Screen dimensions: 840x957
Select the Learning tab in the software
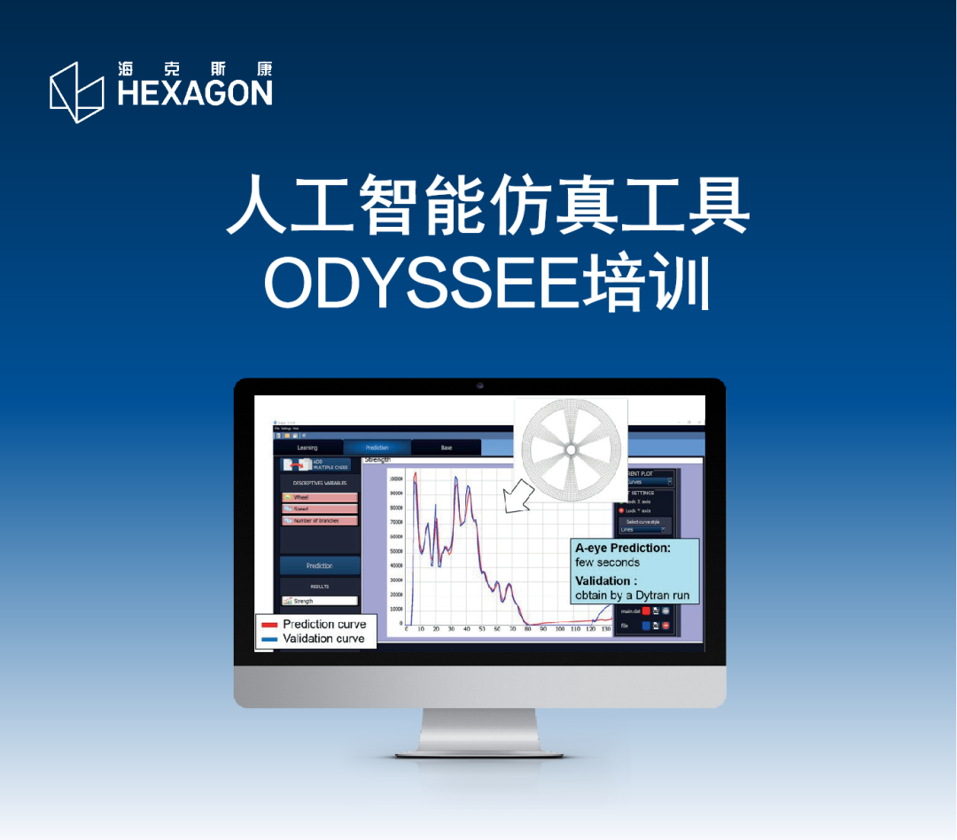(307, 447)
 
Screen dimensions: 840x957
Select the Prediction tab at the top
(377, 447)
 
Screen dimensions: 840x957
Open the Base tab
(446, 447)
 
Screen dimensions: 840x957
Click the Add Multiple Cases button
(316, 464)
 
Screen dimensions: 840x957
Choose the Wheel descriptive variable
(320, 497)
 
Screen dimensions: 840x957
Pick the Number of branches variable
(320, 520)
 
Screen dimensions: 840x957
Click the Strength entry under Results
(320, 601)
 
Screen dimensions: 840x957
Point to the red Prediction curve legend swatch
(269, 625)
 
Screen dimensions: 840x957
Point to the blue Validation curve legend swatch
(269, 639)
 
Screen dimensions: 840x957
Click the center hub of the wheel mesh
(571, 450)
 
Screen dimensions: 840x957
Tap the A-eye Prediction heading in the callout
(623, 548)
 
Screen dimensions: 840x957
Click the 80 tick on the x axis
(528, 629)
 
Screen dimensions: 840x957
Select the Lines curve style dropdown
(643, 529)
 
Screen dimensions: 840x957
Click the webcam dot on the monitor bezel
(479, 386)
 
